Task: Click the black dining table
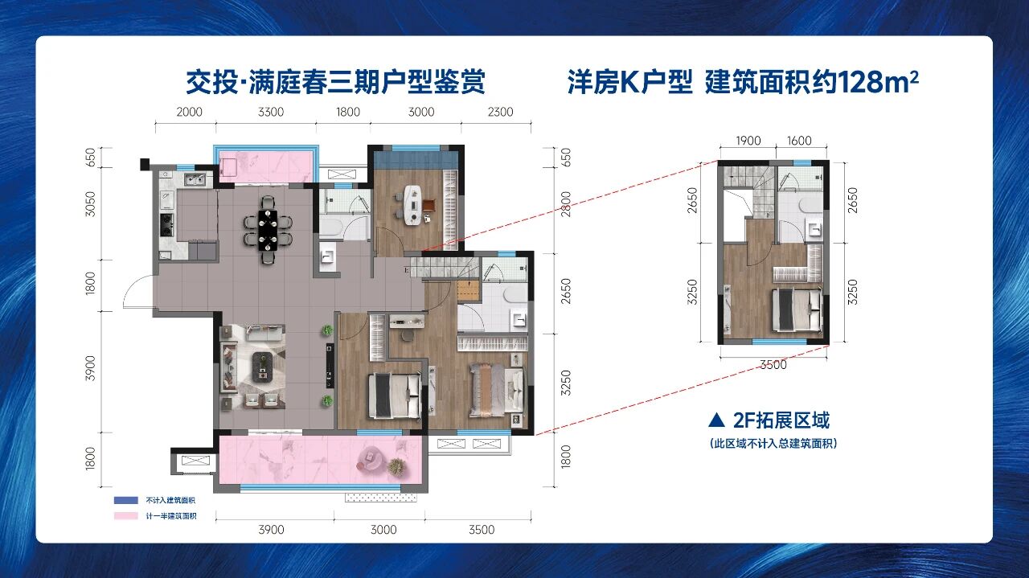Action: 268,230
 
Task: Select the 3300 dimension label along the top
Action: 271,112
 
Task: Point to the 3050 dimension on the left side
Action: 91,203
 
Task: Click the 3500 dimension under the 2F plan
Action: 773,365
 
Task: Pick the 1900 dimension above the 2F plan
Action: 748,141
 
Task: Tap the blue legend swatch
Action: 126,500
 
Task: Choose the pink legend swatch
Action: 126,516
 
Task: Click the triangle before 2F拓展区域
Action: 716,420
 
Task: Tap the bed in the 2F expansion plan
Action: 797,309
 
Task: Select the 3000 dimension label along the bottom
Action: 383,530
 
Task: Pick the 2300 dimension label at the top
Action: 500,112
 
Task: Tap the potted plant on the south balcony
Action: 397,467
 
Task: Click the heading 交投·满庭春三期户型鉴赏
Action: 336,82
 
